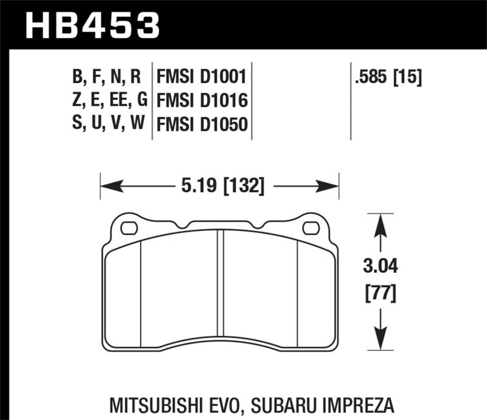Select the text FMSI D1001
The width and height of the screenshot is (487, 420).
201,78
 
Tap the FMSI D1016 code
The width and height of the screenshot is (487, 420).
201,100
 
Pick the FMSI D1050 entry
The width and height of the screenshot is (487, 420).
201,125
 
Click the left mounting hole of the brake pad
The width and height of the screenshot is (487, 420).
129,229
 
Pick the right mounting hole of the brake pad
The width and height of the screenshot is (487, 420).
310,229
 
